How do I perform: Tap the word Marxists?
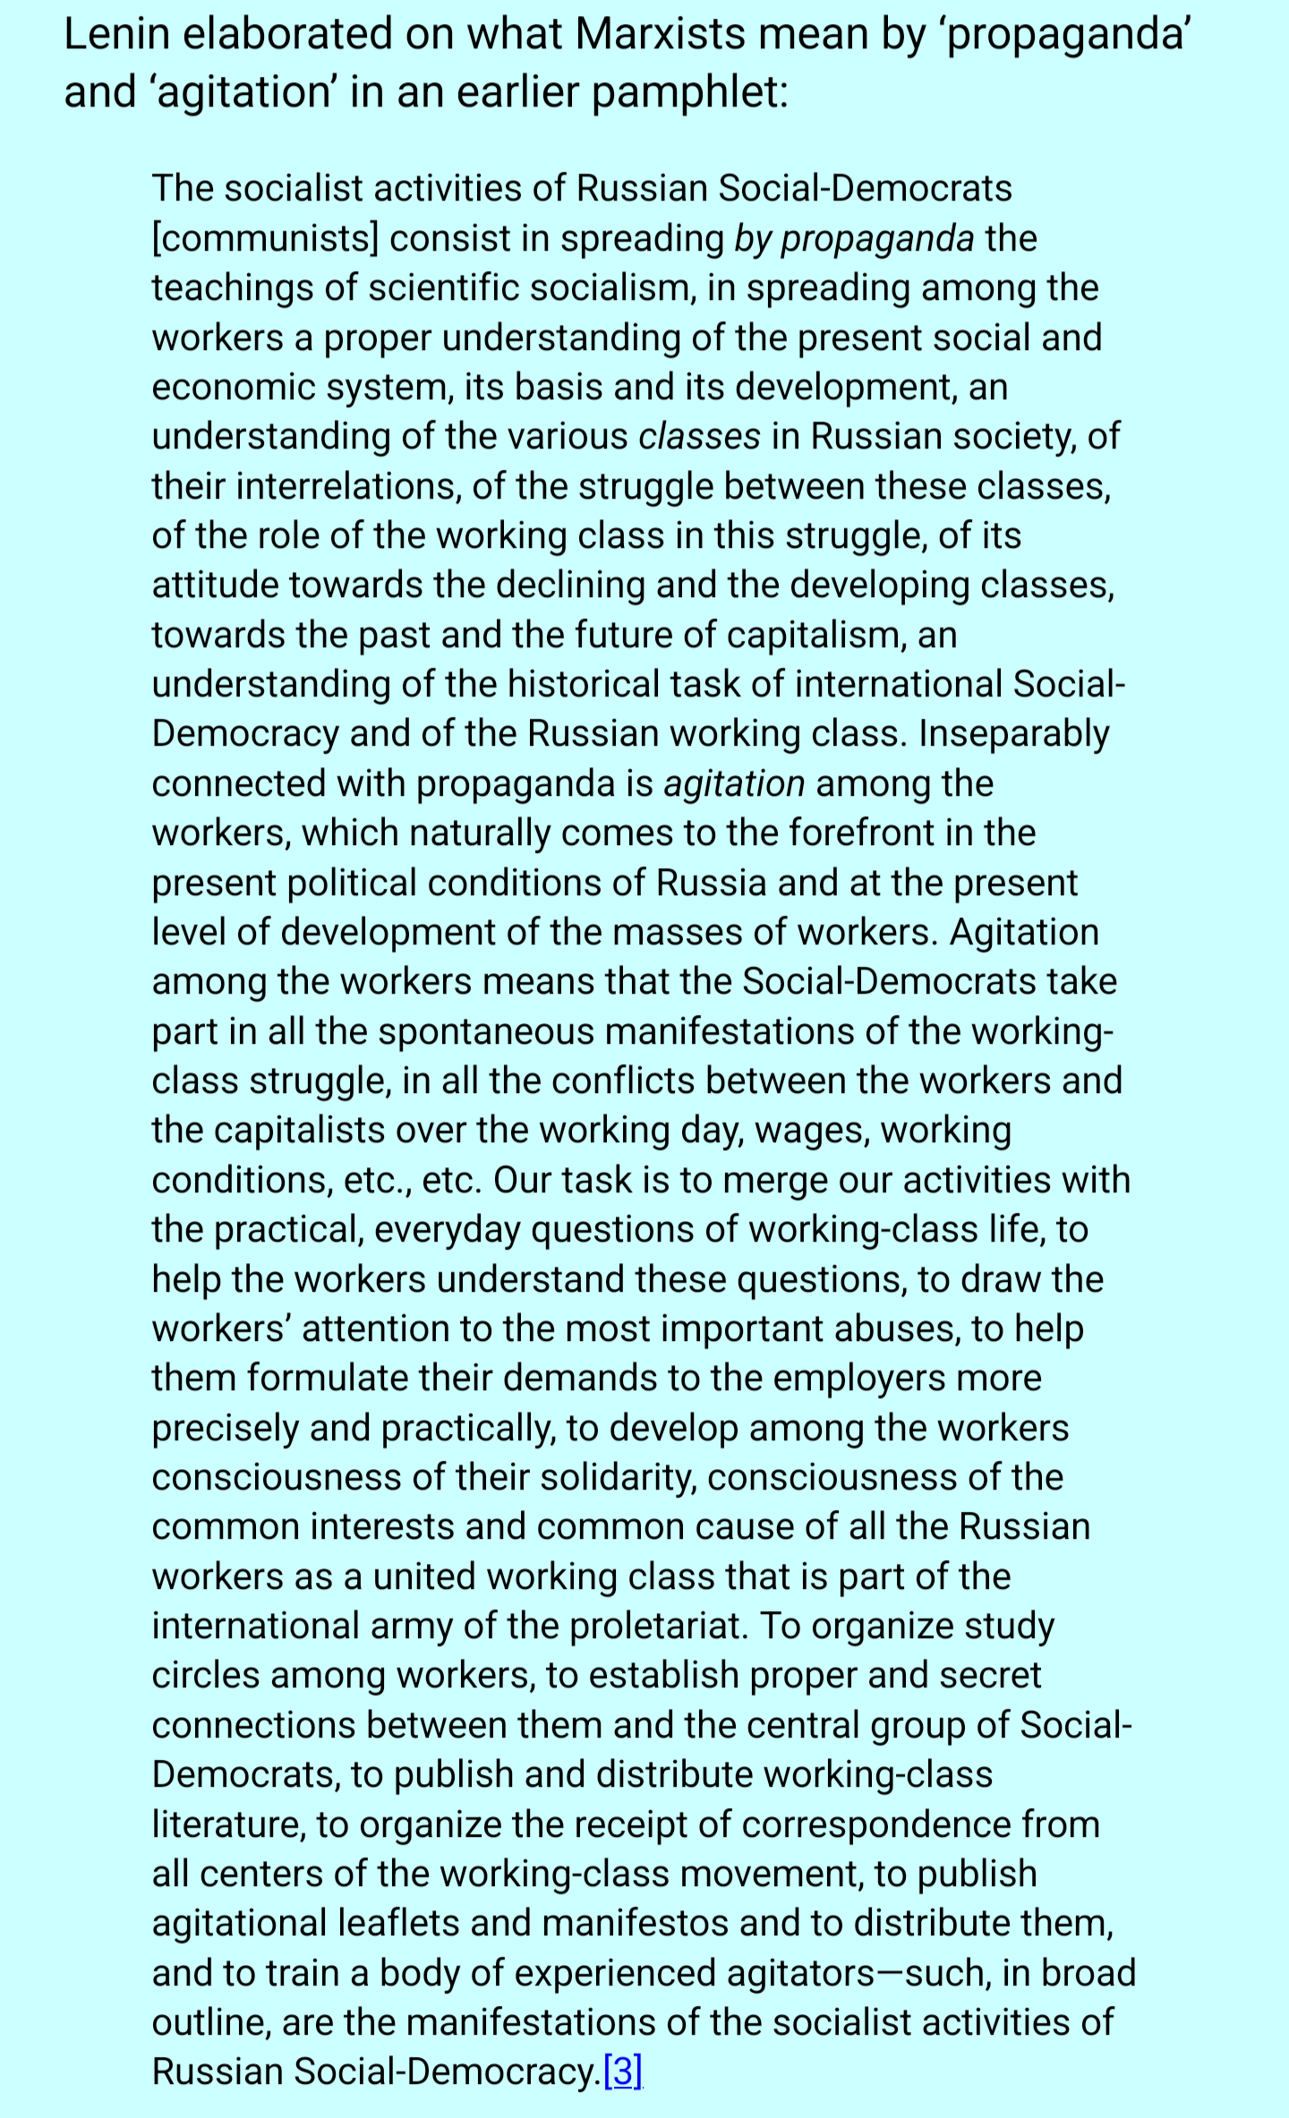[660, 36]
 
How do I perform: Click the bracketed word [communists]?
[265, 239]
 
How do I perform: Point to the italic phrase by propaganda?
[854, 239]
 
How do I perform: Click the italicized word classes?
[699, 437]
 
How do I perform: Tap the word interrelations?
[349, 486]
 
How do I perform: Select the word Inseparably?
[1013, 734]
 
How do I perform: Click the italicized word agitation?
[734, 784]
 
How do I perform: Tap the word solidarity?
[619, 1478]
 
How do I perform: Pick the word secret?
[990, 1676]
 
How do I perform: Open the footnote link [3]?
[623, 2072]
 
